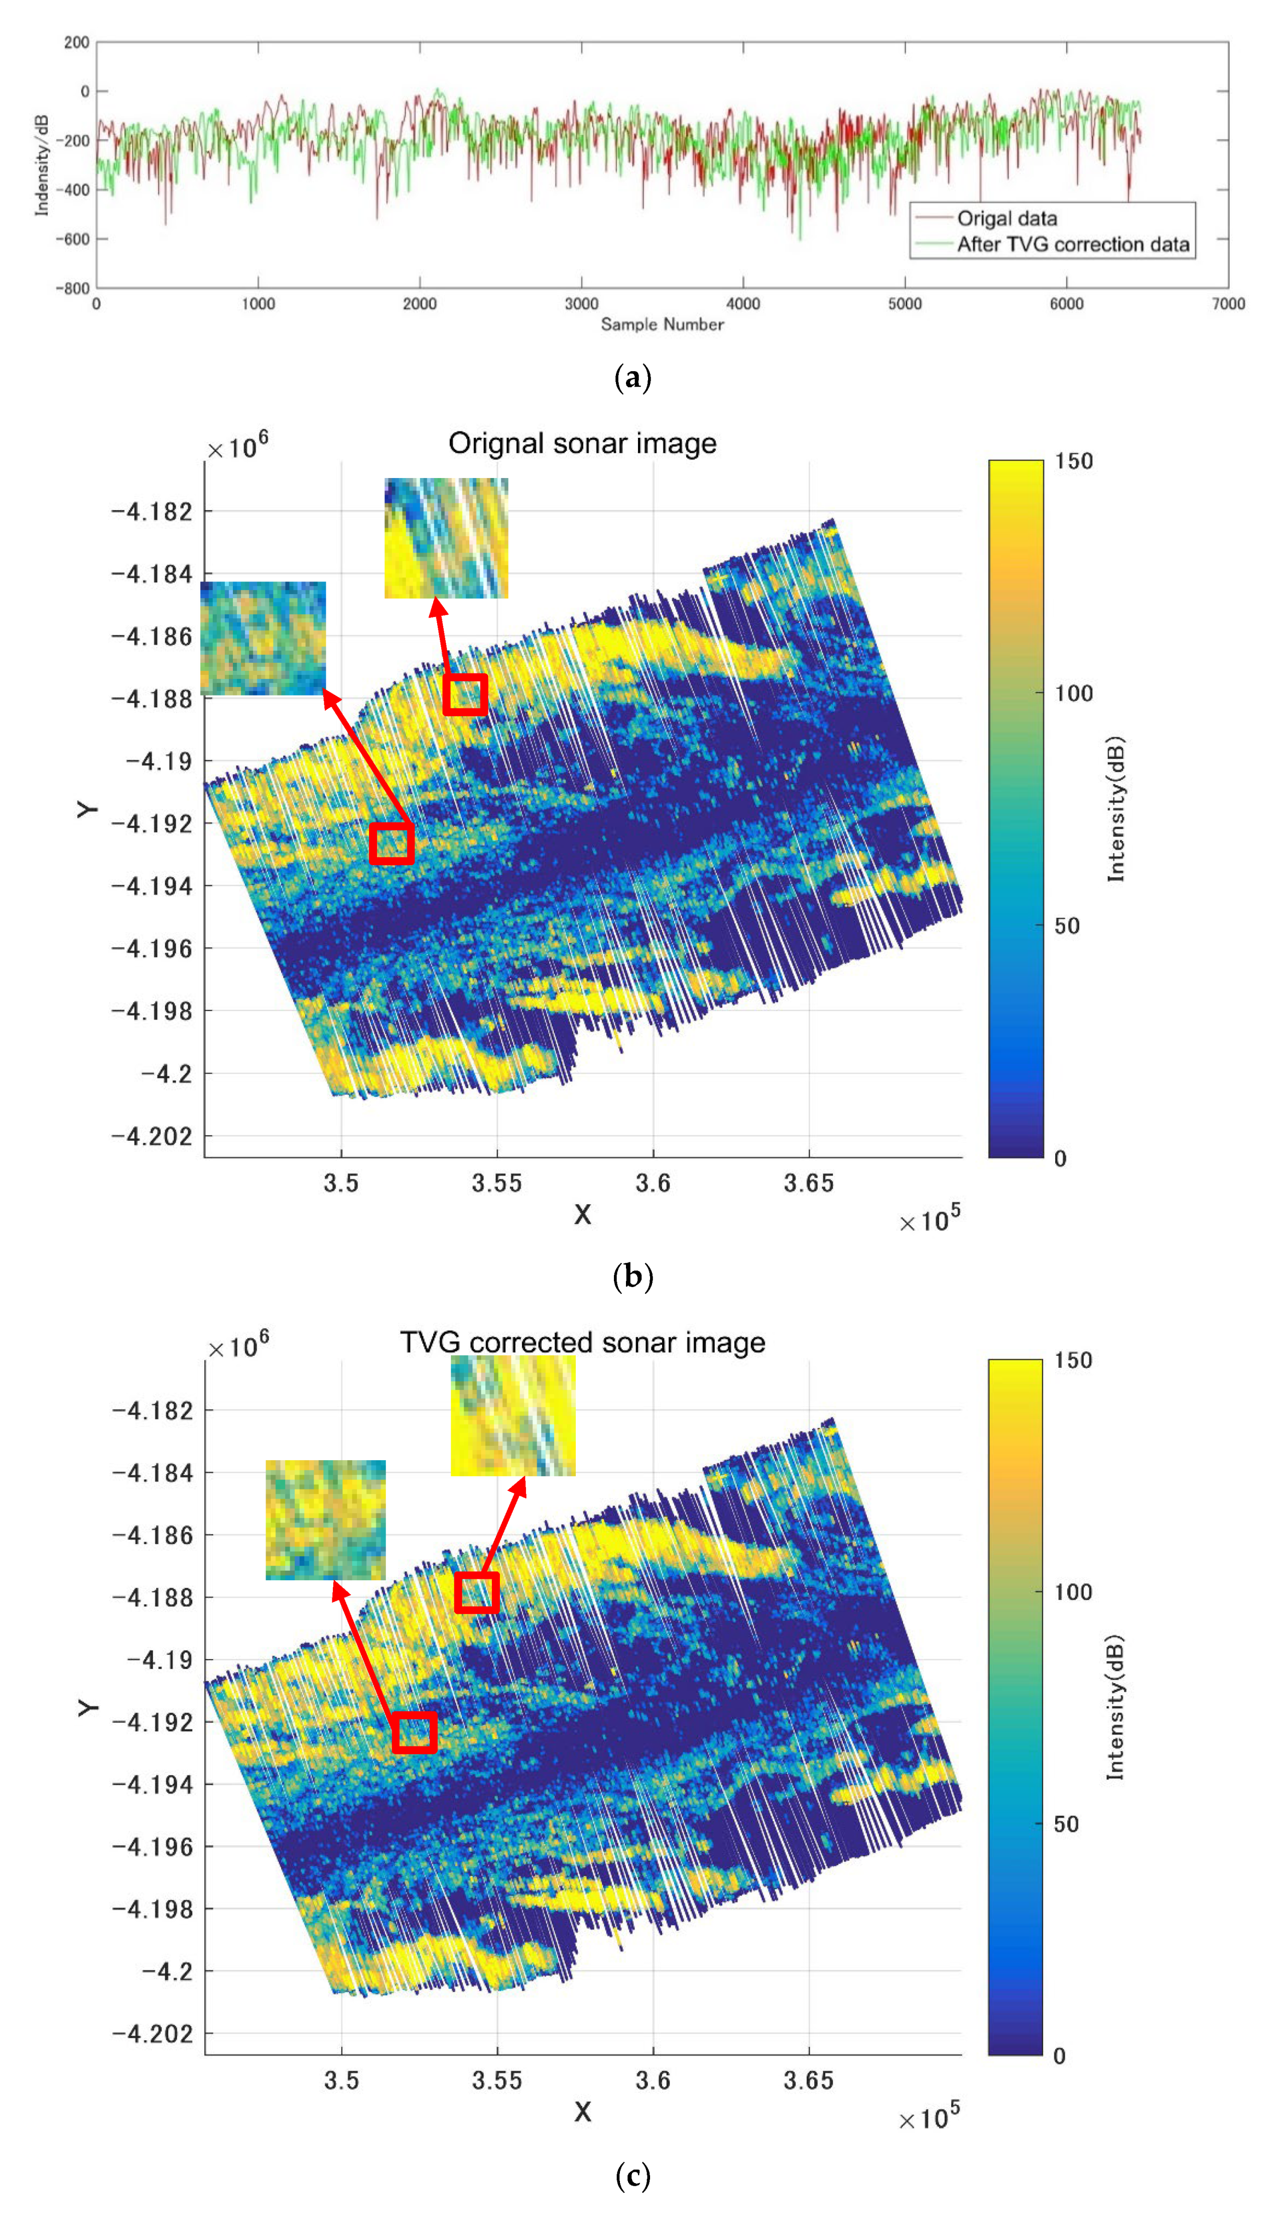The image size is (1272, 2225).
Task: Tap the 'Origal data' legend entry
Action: pos(1006,218)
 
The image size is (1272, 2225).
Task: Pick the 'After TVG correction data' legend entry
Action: pos(1073,245)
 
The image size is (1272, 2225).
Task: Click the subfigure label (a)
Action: pos(633,378)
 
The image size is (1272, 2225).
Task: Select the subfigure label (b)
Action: pos(633,1277)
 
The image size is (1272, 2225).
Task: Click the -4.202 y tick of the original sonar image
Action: pos(151,1136)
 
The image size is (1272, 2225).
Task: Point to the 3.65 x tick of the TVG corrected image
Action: pos(808,2081)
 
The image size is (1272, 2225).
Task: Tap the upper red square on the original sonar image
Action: pos(465,695)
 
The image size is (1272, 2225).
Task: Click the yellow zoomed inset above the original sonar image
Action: pos(446,538)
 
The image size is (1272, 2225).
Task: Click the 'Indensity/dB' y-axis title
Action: pos(41,165)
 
